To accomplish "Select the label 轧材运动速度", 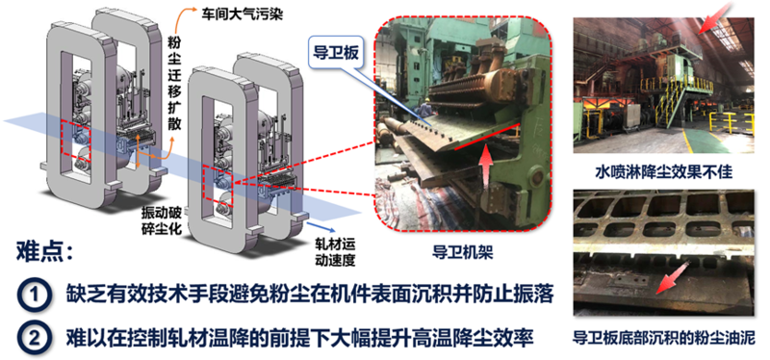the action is [x=334, y=252].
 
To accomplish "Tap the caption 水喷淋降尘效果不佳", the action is [x=664, y=172].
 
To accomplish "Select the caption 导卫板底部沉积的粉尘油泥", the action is [x=664, y=339].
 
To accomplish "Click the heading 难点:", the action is [x=45, y=253].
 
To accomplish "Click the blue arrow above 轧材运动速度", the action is [x=321, y=226].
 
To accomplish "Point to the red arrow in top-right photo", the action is [x=714, y=18].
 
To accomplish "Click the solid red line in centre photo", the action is [x=486, y=136].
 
